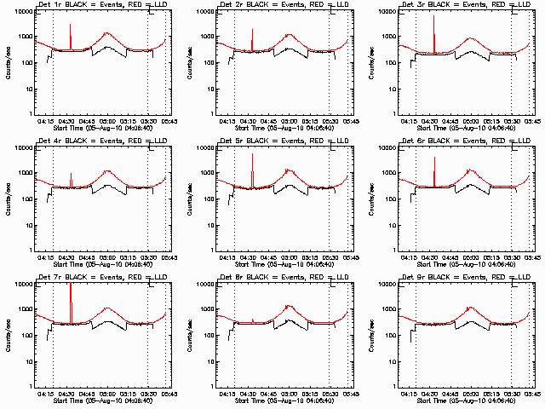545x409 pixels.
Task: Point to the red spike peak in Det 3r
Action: pyautogui.click(x=434, y=15)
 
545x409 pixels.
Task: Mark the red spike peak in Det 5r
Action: pyautogui.click(x=253, y=154)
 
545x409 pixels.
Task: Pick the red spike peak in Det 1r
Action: pyautogui.click(x=71, y=25)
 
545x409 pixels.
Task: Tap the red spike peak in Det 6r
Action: pyautogui.click(x=434, y=158)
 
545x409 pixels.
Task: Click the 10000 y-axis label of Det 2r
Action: pyautogui.click(x=202, y=12)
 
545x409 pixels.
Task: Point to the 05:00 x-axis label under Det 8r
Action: pyautogui.click(x=290, y=394)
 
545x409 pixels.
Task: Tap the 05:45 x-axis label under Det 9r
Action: pyautogui.click(x=533, y=394)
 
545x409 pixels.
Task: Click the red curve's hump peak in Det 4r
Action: pyautogui.click(x=108, y=170)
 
